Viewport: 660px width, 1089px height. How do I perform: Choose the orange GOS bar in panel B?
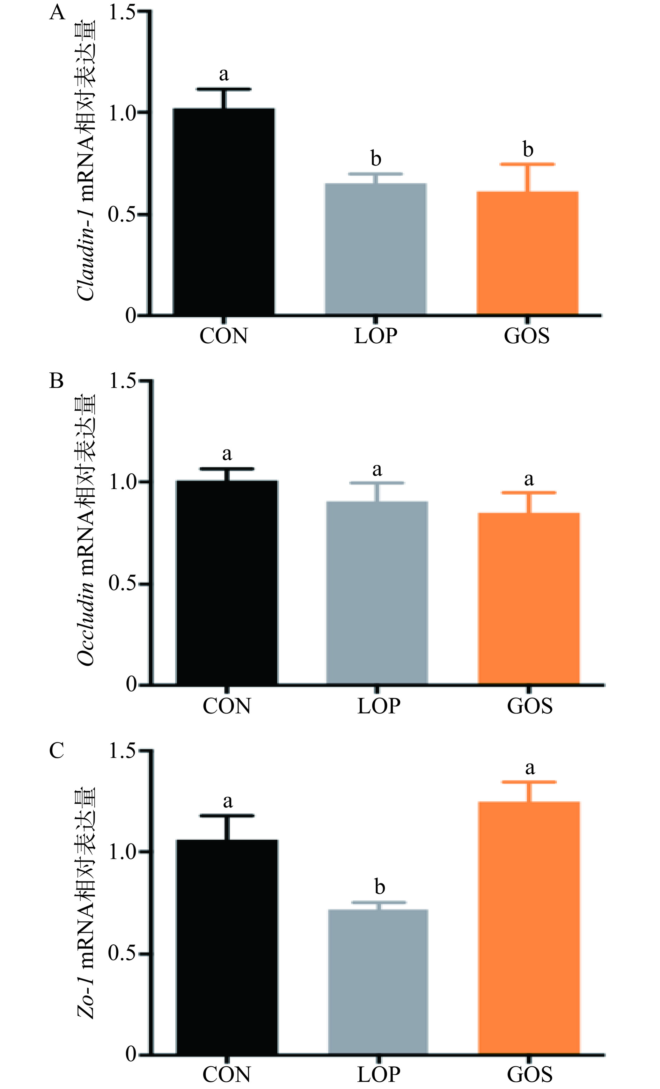tap(529, 599)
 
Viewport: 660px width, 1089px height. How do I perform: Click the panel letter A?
tap(57, 13)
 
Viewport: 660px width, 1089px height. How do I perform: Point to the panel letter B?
tap(57, 381)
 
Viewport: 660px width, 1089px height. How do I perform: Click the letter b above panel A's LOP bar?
tap(375, 158)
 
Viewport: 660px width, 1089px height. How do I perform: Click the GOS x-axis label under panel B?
tap(530, 706)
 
